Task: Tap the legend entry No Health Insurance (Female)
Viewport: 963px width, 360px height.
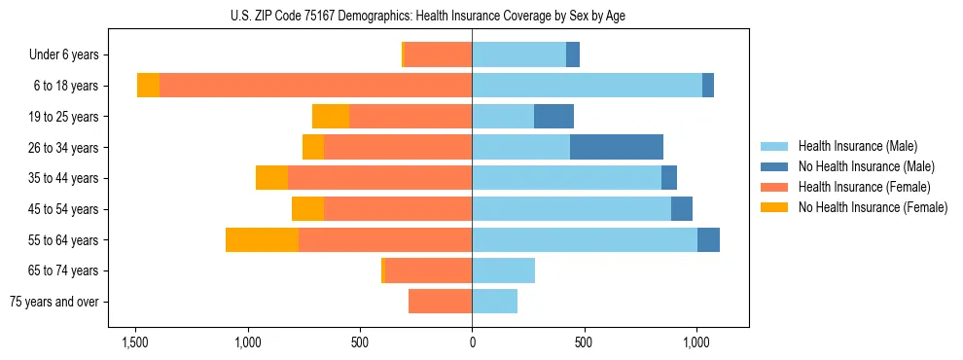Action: (x=873, y=207)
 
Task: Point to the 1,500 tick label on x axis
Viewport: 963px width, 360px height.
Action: (x=135, y=342)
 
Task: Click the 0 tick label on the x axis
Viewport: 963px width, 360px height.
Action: (x=472, y=342)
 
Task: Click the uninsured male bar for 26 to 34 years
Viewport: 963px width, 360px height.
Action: (x=617, y=147)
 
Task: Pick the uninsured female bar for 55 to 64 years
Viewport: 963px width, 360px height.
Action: (x=262, y=239)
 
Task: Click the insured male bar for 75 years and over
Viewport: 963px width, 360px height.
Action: (x=494, y=302)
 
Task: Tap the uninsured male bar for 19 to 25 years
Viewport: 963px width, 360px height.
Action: (x=553, y=117)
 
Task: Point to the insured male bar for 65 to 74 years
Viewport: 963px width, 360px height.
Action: (x=503, y=270)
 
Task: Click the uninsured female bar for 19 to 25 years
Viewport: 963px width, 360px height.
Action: (x=331, y=117)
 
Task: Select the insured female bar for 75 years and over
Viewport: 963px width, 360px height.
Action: (x=440, y=302)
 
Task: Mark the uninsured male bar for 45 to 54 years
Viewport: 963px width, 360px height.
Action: (x=682, y=209)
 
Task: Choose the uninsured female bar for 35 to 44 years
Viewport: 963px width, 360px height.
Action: (x=271, y=178)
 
